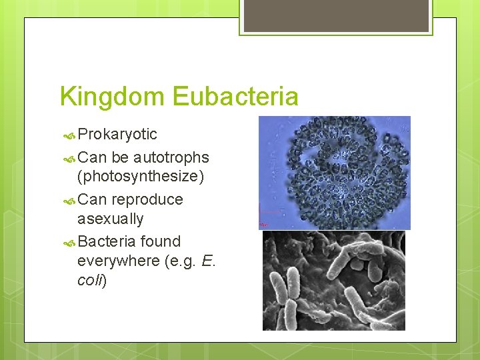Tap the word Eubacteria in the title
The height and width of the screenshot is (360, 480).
pyautogui.click(x=235, y=97)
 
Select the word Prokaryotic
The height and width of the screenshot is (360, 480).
pyautogui.click(x=117, y=135)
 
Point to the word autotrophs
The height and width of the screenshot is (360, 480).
pyautogui.click(x=171, y=158)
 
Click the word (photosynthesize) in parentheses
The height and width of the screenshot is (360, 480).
pyautogui.click(x=141, y=177)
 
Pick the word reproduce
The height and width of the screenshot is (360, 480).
pyautogui.click(x=147, y=200)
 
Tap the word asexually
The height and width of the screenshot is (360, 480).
pyautogui.click(x=110, y=219)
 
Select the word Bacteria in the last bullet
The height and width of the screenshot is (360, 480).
pyautogui.click(x=107, y=241)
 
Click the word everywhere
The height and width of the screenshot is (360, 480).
pyautogui.click(x=118, y=261)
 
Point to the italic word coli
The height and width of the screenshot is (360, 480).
pyautogui.click(x=91, y=280)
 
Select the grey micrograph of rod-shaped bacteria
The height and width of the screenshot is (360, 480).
pyautogui.click(x=333, y=280)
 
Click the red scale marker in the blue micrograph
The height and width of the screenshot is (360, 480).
pyautogui.click(x=263, y=223)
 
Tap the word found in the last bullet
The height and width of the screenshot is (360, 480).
pyautogui.click(x=161, y=241)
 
